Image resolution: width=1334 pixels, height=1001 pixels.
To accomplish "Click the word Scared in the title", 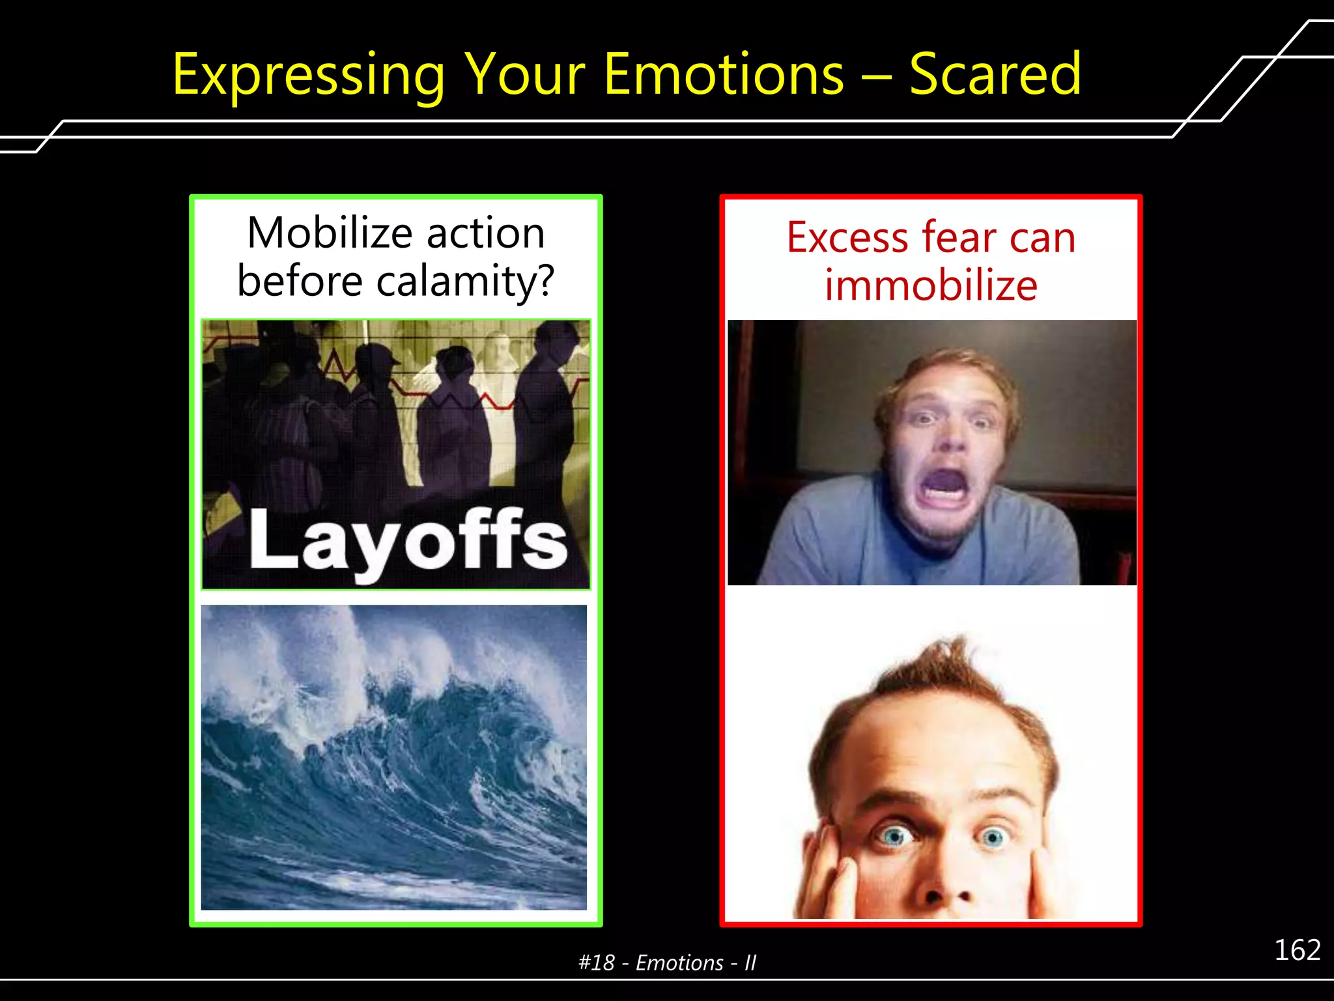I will (995, 75).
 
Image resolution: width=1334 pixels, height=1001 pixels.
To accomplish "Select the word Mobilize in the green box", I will (330, 233).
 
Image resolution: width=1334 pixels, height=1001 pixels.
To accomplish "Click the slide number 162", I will (1297, 950).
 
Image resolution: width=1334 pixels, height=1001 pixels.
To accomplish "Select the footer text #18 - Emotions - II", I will (667, 963).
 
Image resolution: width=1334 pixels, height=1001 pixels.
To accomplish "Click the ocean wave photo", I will (393, 757).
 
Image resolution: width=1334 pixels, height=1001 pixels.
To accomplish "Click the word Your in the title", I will (525, 75).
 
